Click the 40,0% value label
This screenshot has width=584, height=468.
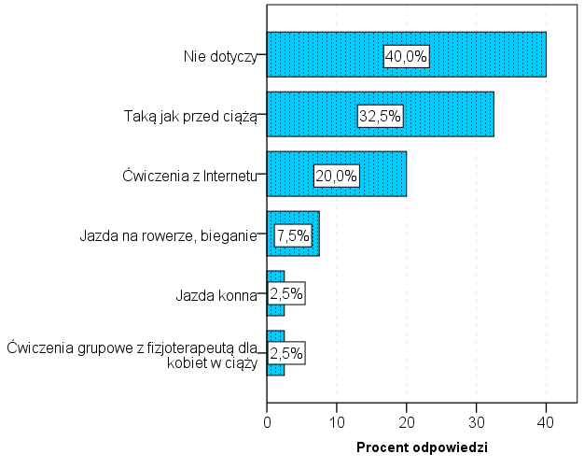coord(406,56)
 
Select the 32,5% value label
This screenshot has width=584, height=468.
coord(380,116)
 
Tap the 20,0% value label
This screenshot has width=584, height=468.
coord(336,175)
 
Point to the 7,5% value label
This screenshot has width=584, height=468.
coord(292,234)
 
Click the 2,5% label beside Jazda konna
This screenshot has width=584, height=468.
coord(286,293)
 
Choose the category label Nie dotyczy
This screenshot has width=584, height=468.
coord(219,56)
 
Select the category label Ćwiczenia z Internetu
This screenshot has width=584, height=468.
coord(189,175)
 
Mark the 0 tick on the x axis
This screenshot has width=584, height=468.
coord(267,421)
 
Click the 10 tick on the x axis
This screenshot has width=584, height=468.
coord(337,421)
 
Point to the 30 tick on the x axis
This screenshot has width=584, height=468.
coord(476,421)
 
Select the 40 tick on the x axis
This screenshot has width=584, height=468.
coord(546,421)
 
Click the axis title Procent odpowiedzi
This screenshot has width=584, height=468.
coord(422,447)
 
